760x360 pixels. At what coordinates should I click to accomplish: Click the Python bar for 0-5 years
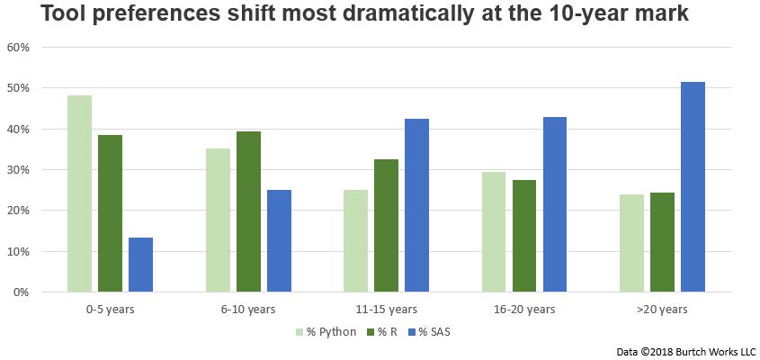(x=79, y=193)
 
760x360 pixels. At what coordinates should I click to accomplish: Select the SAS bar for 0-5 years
(x=140, y=265)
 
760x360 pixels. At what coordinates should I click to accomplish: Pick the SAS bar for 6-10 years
(x=279, y=240)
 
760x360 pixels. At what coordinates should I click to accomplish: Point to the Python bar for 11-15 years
(x=356, y=240)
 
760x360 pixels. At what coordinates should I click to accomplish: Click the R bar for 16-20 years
(x=524, y=236)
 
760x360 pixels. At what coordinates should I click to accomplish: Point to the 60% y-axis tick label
(x=20, y=48)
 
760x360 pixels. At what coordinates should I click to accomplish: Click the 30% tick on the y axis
(x=20, y=170)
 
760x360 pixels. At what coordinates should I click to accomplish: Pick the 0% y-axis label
(x=22, y=292)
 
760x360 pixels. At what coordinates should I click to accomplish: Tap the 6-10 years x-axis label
(x=248, y=310)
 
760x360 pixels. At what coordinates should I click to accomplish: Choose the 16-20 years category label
(x=524, y=310)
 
